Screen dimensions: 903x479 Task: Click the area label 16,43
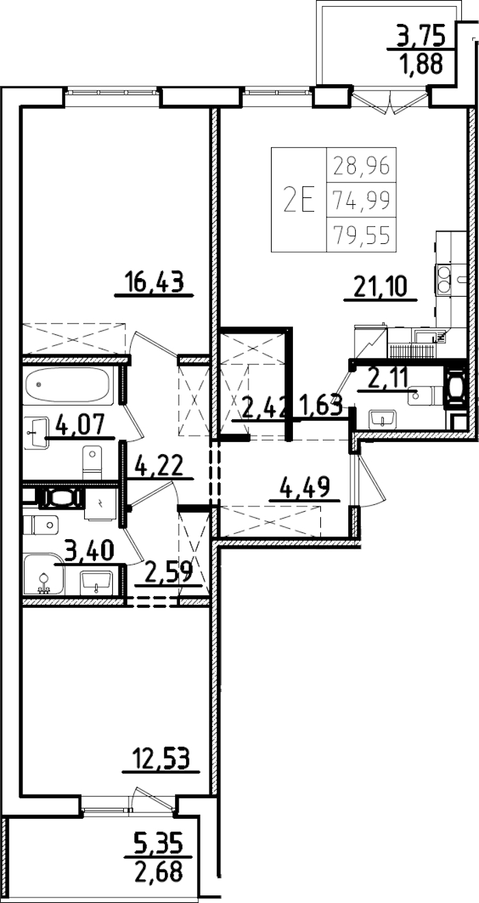coord(155,282)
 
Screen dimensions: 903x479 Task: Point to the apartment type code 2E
coord(299,200)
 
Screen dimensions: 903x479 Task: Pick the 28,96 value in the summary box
coord(361,165)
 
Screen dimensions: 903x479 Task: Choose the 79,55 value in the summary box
coord(361,235)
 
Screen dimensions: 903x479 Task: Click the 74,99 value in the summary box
coord(361,200)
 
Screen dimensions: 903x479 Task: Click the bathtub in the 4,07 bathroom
coord(67,387)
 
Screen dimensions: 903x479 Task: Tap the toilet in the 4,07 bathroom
coord(92,462)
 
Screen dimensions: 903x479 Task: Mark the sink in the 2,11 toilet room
coord(383,418)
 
